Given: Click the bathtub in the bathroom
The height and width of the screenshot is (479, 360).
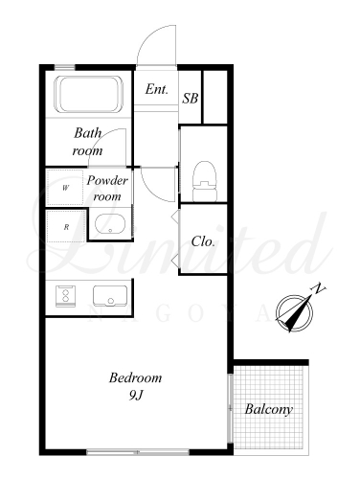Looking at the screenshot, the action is (x=89, y=94).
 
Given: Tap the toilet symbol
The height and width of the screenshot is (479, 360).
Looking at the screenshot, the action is (x=205, y=181).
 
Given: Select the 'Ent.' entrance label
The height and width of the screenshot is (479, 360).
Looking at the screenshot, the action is (x=156, y=89).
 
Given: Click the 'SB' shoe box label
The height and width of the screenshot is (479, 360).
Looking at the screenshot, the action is (x=191, y=99).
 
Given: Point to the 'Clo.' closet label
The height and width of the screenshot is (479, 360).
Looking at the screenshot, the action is (x=203, y=241).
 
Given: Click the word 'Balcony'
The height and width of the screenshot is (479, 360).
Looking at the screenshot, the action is (x=269, y=409).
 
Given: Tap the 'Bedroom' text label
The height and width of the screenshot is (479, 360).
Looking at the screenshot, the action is (x=135, y=377).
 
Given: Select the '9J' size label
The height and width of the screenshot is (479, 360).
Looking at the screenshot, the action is (x=135, y=396).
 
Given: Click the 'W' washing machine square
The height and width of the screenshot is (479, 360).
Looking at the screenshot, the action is (x=65, y=188).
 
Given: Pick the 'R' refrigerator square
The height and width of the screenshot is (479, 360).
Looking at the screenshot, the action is (x=66, y=227).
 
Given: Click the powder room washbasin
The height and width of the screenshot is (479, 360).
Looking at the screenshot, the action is (x=110, y=224).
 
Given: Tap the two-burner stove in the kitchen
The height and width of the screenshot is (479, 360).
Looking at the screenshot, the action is (x=66, y=296).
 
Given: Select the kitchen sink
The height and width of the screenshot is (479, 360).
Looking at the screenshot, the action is (x=110, y=296).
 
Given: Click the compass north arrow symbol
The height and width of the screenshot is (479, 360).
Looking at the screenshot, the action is (x=295, y=313).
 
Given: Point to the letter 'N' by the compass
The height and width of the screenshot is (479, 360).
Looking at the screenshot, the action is (x=319, y=288).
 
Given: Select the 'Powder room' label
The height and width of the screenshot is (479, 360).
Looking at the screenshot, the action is (x=107, y=189).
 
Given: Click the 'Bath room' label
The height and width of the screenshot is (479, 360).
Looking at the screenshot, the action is (x=88, y=142).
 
